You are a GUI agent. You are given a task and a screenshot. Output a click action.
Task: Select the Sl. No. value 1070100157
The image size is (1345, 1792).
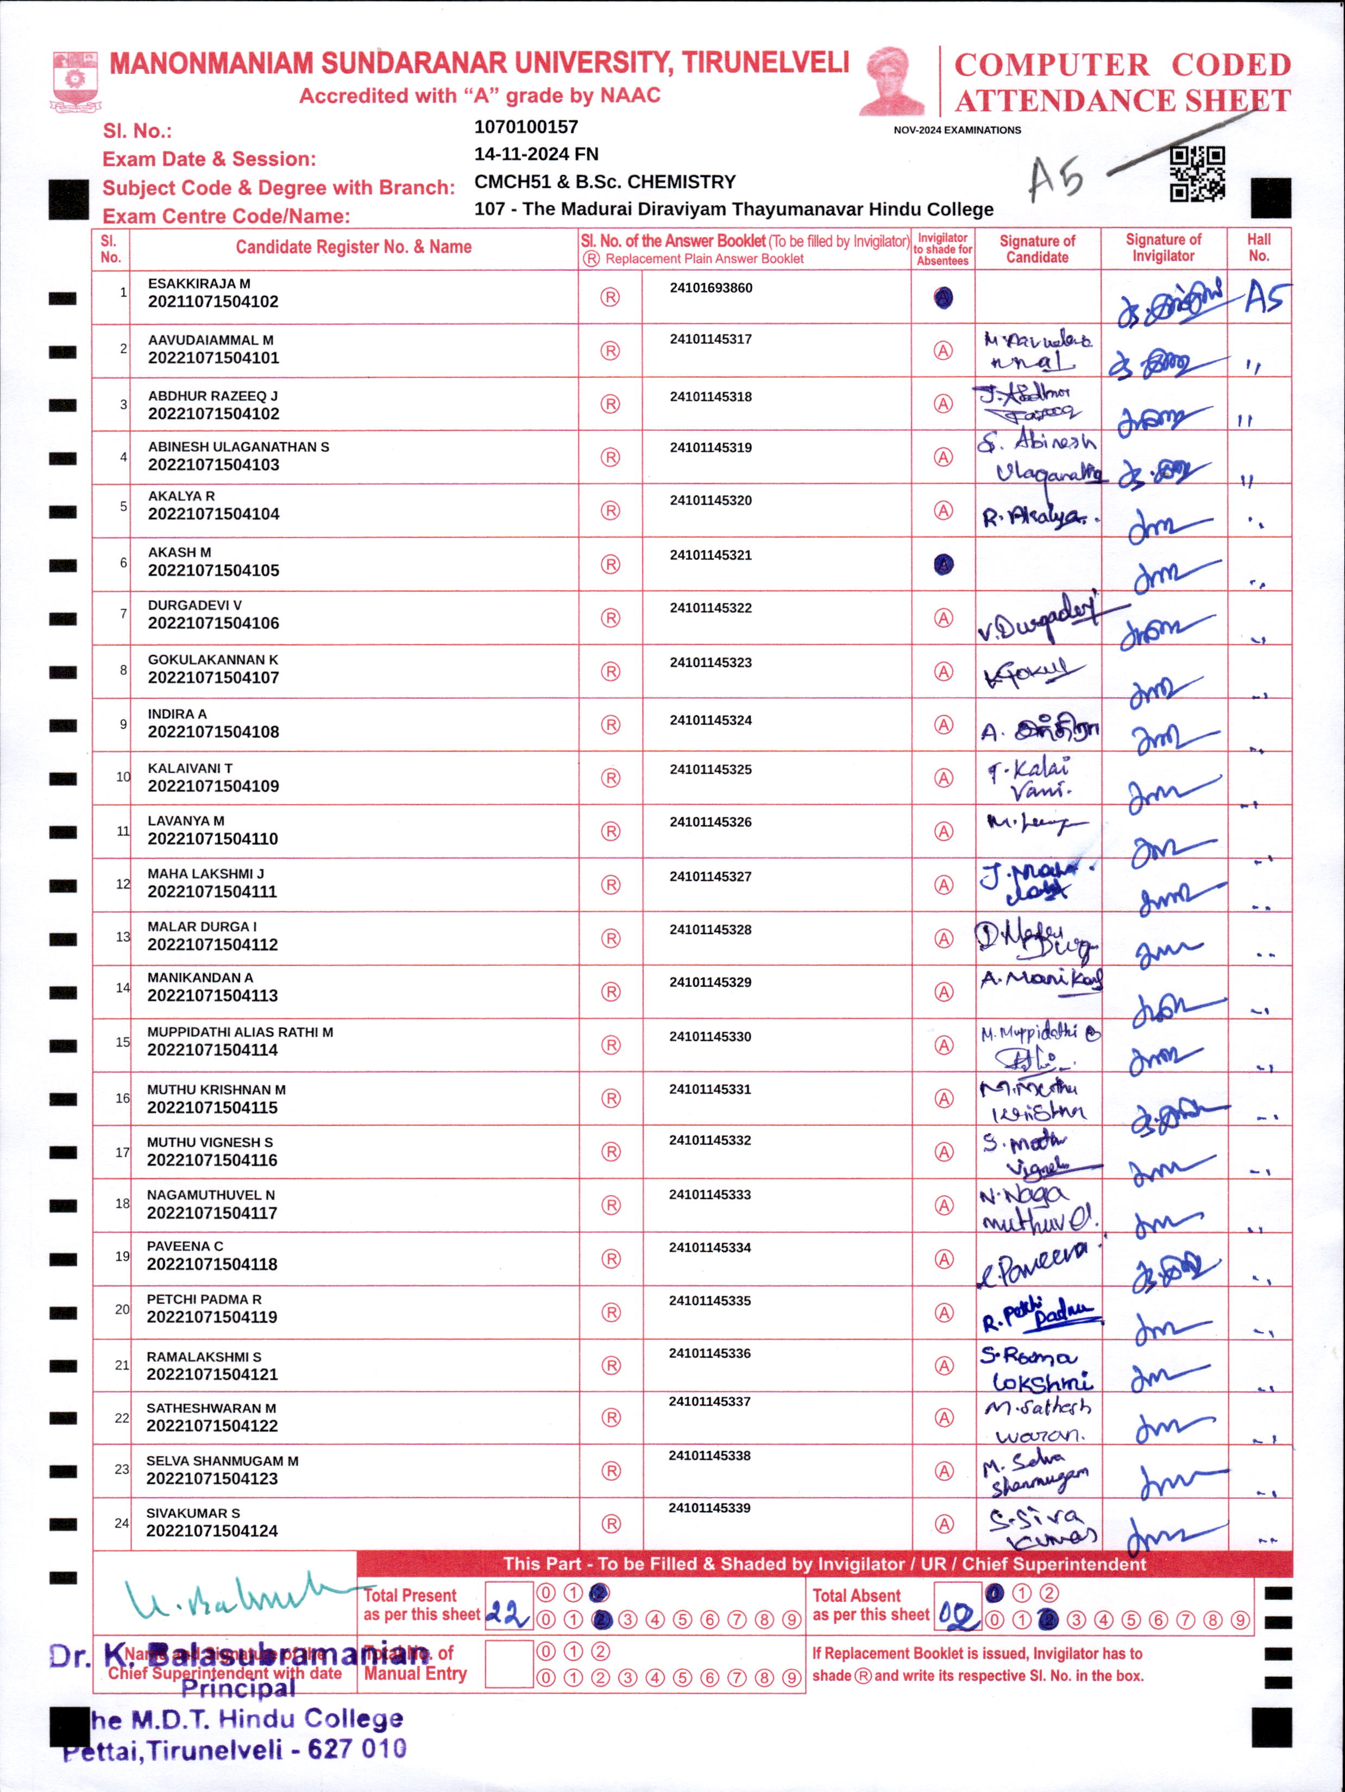click(526, 127)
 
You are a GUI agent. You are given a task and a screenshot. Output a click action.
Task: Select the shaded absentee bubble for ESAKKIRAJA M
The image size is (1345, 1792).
click(943, 298)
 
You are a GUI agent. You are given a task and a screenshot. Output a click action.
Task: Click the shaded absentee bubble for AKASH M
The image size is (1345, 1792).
click(943, 565)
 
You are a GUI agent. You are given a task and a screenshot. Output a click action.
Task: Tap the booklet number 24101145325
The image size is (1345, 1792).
click(710, 769)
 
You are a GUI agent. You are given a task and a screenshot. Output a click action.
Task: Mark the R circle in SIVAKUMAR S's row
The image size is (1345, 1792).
click(611, 1524)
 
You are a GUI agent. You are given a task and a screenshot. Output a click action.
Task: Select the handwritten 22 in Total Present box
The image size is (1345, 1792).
click(508, 1616)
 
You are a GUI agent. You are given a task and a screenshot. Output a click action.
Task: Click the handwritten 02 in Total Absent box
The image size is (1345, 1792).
click(958, 1617)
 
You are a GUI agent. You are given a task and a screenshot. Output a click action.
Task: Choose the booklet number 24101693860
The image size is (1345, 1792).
click(711, 288)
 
